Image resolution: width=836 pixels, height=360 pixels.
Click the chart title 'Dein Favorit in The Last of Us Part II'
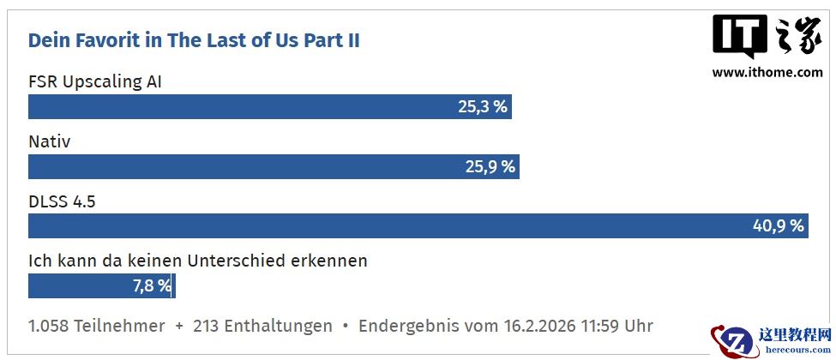coord(194,40)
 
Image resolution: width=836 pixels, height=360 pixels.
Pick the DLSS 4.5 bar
coord(386,226)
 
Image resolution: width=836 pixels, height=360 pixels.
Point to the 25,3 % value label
coord(483,107)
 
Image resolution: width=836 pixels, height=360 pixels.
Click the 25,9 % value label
coord(490,166)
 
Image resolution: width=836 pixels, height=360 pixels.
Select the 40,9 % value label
coord(779,226)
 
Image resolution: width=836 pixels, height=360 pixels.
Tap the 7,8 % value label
coord(152,285)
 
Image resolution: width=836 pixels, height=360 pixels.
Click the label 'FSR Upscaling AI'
coord(95,82)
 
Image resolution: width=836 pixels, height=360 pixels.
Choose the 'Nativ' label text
coord(50,141)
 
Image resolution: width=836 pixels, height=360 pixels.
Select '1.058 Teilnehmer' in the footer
coord(97,326)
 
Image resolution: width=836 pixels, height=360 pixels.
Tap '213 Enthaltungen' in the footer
coord(262,326)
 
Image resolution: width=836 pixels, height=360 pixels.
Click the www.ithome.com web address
coord(767,73)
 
